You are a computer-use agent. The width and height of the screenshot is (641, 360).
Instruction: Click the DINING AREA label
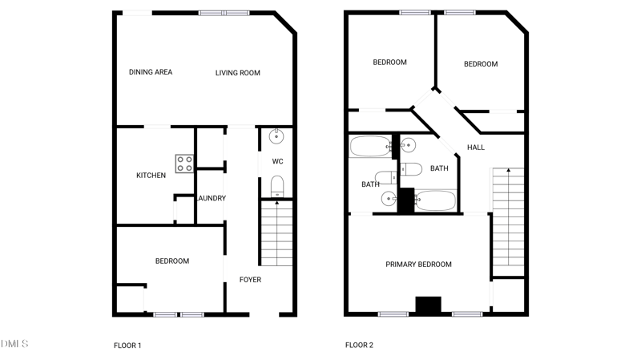151,72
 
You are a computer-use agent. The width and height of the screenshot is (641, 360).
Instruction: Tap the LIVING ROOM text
238,73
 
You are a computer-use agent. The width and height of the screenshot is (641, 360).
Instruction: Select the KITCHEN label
151,176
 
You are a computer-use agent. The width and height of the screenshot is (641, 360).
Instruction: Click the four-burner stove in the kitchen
184,164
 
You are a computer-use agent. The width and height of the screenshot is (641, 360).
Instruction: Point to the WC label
277,162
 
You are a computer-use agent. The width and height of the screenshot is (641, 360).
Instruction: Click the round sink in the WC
276,136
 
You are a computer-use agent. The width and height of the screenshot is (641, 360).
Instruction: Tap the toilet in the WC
276,188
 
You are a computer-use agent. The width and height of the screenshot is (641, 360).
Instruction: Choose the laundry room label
212,198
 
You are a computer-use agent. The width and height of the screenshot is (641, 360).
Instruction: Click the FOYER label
250,280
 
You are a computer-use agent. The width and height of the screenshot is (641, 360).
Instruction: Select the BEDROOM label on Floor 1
172,261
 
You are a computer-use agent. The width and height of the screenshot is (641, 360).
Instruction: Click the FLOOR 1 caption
127,346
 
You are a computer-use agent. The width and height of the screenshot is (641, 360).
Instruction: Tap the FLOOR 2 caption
359,346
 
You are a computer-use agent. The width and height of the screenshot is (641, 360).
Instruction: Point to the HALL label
476,148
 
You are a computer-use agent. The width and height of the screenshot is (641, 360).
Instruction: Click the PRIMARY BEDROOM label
418,265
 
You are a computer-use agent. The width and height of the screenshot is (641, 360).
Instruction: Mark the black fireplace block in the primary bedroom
428,305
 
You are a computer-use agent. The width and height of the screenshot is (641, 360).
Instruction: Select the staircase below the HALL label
507,220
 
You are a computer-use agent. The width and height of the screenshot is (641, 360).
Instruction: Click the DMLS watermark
14,344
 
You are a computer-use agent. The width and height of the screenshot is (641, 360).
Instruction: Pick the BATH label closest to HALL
439,168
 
